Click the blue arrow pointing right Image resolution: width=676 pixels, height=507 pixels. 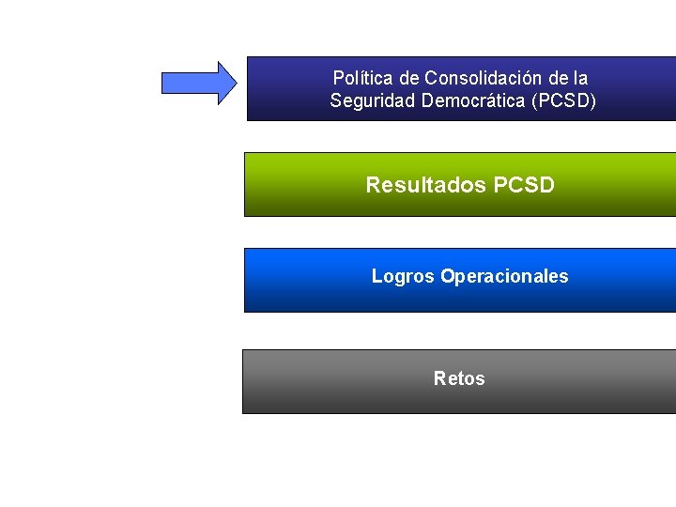click(x=200, y=83)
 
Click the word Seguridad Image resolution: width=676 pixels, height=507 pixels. click(x=372, y=100)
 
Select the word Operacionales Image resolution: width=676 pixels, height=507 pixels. click(x=504, y=276)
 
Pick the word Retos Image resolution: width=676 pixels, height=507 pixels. click(x=459, y=378)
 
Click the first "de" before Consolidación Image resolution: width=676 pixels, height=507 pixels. click(x=409, y=78)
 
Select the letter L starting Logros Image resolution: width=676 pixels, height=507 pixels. click(x=376, y=276)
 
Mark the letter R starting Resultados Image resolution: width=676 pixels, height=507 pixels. click(x=374, y=185)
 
